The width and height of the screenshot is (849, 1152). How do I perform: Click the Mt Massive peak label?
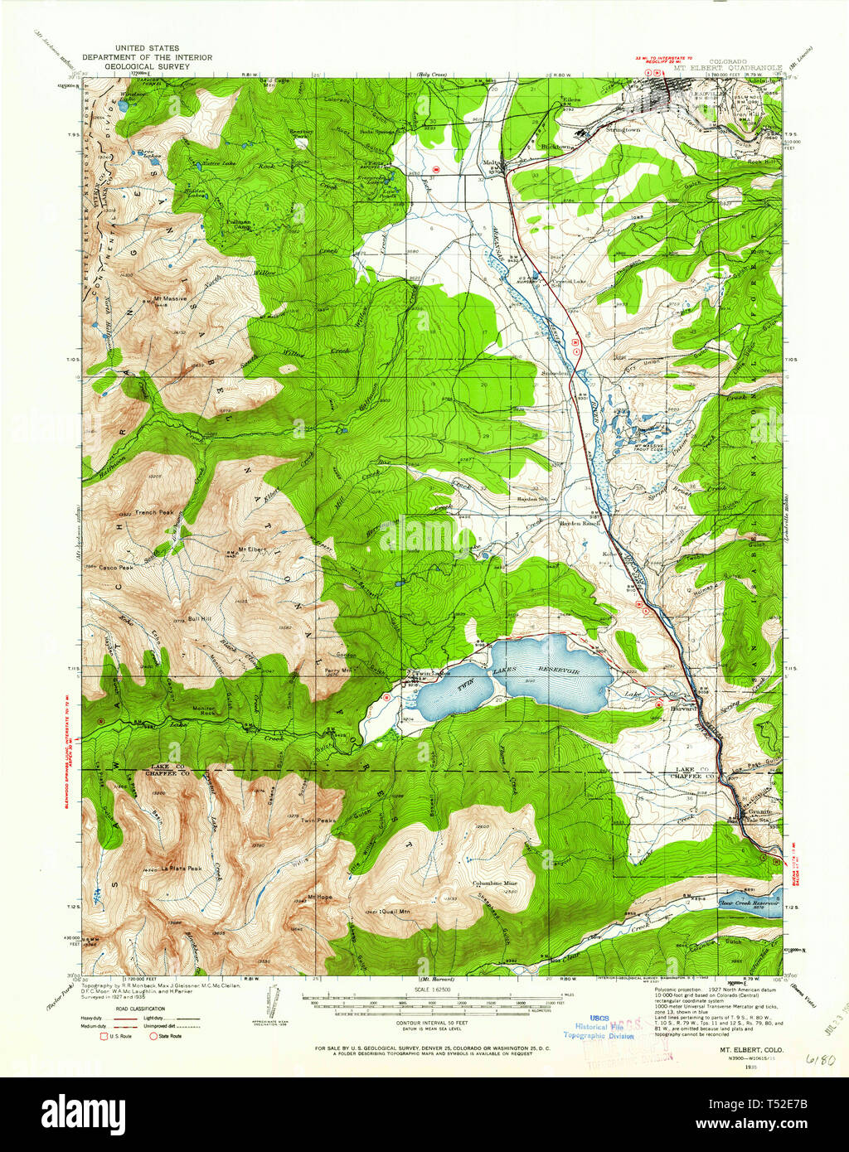169,298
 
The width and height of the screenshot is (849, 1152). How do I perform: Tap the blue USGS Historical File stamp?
599,1026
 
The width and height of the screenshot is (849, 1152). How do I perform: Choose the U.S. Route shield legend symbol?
104,1035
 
